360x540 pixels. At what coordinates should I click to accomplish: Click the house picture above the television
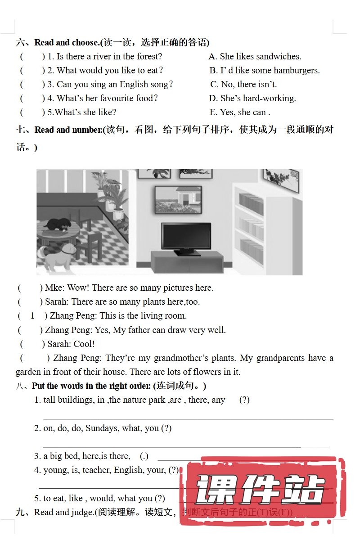pyautogui.click(x=178, y=199)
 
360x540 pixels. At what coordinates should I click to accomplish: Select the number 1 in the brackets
pyautogui.click(x=32, y=316)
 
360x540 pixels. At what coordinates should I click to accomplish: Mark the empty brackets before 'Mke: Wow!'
pyautogui.click(x=30, y=288)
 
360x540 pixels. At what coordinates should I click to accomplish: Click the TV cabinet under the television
pyautogui.click(x=187, y=261)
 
